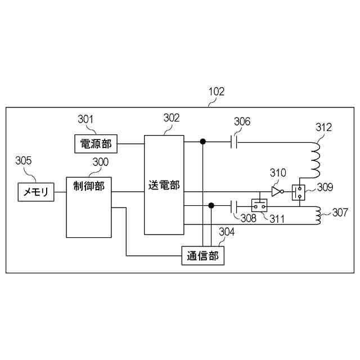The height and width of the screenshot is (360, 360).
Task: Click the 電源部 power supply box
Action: [x=93, y=143]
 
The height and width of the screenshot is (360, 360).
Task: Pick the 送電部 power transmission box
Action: [x=164, y=185]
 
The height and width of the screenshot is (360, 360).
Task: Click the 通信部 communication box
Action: [x=202, y=256]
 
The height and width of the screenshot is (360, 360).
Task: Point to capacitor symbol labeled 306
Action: [x=235, y=142]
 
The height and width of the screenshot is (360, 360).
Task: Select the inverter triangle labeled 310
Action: [x=276, y=192]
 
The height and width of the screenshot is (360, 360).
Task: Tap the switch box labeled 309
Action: [x=298, y=192]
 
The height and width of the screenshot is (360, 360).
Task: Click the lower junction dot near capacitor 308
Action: [x=211, y=205]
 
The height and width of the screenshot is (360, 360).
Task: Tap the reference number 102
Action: [x=217, y=91]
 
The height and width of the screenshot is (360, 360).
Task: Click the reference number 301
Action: [x=85, y=119]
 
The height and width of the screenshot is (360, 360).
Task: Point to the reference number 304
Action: [x=227, y=231]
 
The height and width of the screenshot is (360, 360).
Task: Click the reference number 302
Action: [x=172, y=118]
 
